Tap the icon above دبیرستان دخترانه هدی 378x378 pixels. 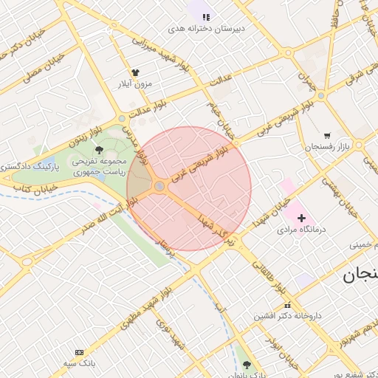point(206,16)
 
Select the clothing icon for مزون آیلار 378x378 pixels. point(135,72)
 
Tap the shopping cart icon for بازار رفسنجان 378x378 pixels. point(326,136)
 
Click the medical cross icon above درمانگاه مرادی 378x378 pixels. point(301,218)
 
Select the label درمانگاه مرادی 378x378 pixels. point(301,230)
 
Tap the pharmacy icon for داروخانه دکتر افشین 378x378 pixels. point(287,304)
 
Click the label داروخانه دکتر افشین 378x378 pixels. point(287,315)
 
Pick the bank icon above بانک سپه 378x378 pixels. point(79,352)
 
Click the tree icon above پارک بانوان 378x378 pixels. point(247,365)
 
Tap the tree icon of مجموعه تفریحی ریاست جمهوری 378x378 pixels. point(100,149)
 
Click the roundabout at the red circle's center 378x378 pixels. point(159,186)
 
